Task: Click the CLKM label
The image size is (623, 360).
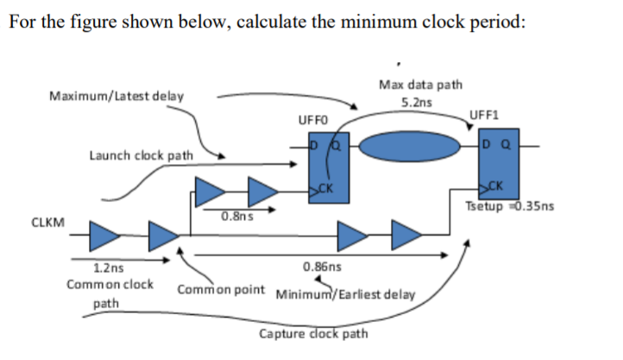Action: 47,222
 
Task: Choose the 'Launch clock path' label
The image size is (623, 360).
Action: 142,156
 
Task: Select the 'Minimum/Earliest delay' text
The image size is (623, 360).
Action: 345,294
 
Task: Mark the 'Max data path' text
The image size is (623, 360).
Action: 421,85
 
